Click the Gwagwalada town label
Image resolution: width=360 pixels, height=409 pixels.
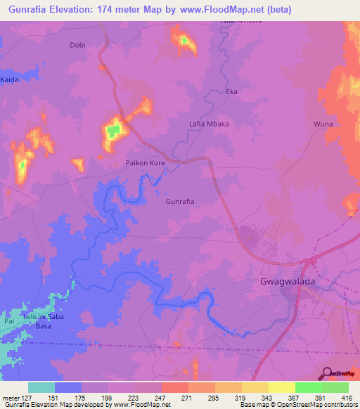click(x=281, y=285)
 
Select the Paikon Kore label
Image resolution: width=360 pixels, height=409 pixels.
click(x=145, y=162)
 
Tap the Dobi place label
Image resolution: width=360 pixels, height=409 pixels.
click(x=77, y=46)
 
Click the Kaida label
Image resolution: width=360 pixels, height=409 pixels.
click(x=9, y=79)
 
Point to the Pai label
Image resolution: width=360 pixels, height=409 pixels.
click(x=8, y=320)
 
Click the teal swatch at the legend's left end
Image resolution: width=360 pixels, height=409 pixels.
click(x=41, y=387)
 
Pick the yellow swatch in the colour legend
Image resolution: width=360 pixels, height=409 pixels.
click(x=281, y=387)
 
